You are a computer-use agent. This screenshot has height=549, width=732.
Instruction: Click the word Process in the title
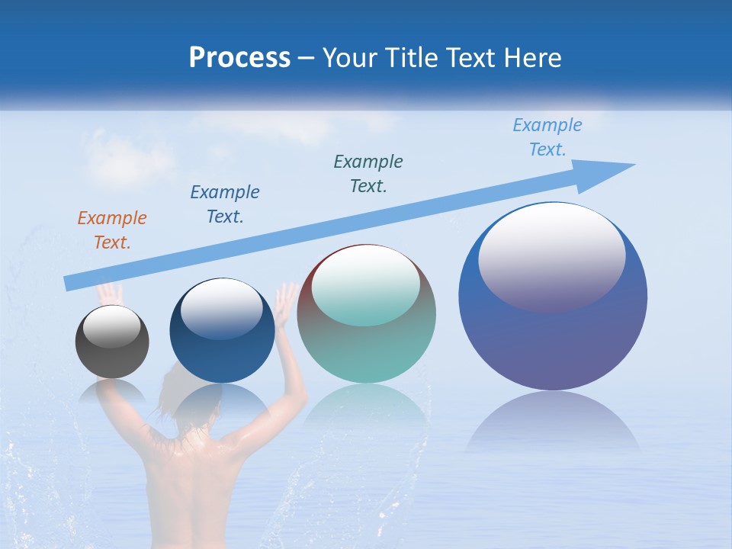pyautogui.click(x=239, y=58)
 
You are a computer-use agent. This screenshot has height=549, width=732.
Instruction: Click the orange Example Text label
pyautogui.click(x=112, y=230)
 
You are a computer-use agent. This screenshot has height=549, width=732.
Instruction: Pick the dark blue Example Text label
pyautogui.click(x=225, y=204)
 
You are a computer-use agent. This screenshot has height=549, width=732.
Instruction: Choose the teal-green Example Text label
pyautogui.click(x=368, y=173)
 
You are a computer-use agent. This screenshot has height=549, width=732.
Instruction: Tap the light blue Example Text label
pyautogui.click(x=547, y=137)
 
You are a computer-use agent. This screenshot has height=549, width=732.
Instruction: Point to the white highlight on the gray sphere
pyautogui.click(x=111, y=326)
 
